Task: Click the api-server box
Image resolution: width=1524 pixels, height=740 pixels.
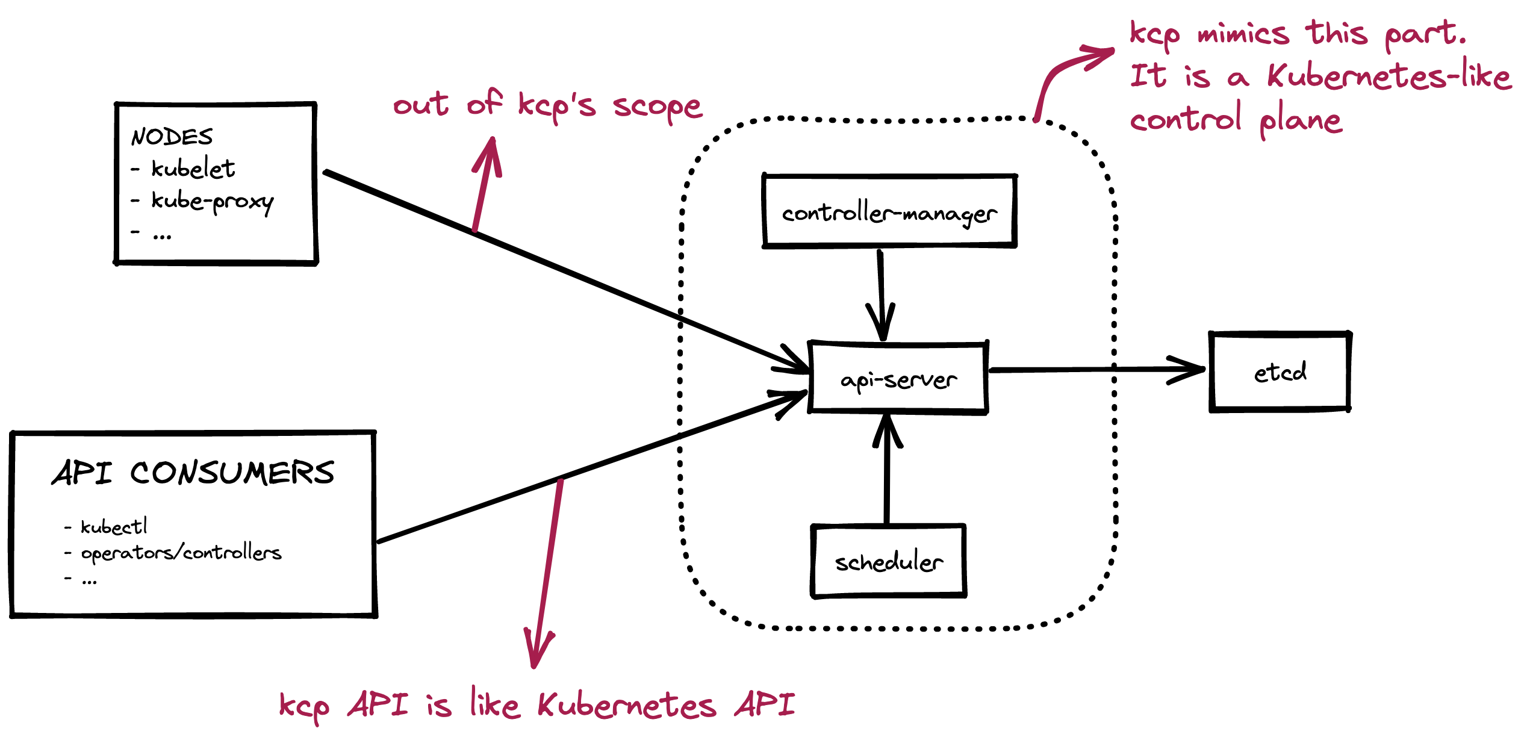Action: (898, 378)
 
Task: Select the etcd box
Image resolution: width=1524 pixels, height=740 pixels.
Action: (1280, 372)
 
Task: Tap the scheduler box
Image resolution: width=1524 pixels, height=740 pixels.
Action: (889, 561)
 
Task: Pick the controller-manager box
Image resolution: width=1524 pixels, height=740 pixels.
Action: (889, 211)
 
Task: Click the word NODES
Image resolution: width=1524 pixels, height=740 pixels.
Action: (172, 137)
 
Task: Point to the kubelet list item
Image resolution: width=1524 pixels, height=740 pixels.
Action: (193, 169)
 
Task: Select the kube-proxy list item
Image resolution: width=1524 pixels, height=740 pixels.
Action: (212, 201)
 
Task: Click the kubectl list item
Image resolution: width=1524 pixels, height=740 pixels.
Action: (114, 527)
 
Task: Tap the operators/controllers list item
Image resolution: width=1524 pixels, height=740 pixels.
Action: (181, 553)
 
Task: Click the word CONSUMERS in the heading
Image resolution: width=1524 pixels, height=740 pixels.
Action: (232, 473)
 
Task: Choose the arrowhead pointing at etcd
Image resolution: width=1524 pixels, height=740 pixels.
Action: (1189, 370)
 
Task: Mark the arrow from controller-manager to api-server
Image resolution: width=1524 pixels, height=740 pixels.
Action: (881, 295)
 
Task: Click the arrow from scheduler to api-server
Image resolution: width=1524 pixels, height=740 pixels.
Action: (887, 470)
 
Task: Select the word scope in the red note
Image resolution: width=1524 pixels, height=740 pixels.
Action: (657, 107)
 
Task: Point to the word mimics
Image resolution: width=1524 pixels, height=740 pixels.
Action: (1243, 33)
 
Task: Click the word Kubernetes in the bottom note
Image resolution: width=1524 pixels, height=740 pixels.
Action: (626, 705)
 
